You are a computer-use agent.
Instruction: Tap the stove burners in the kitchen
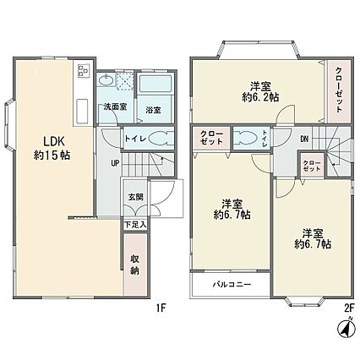point(84,70)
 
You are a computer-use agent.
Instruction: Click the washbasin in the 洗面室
point(106,79)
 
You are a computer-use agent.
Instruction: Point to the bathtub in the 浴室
point(155,84)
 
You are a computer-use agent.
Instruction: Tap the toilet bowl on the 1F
point(160,139)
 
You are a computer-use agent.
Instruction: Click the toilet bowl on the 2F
point(245,139)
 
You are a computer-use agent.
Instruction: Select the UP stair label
point(115,162)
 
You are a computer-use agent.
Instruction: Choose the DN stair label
point(304,139)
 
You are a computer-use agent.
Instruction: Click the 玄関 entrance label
point(135,197)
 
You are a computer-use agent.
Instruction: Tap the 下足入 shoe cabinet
point(135,225)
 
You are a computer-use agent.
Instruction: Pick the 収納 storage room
point(135,265)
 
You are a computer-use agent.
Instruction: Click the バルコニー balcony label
point(232,285)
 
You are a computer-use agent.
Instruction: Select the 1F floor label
point(161,309)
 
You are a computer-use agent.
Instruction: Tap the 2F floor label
point(349,308)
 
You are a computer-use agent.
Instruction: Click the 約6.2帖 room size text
point(260,97)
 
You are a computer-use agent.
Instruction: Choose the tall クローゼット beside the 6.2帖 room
point(339,91)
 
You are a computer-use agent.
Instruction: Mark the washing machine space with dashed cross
point(124,81)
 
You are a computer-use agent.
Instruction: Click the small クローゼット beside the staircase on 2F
point(312,166)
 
